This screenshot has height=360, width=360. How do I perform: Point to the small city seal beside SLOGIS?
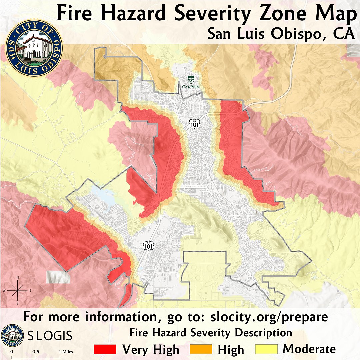(13, 335)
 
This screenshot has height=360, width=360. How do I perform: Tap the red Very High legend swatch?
(105, 349)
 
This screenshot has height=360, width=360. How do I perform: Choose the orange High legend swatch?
(201, 349)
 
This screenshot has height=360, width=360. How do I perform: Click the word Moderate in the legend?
(309, 349)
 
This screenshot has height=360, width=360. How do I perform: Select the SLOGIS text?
(50, 336)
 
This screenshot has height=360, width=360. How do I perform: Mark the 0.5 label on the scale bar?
(36, 352)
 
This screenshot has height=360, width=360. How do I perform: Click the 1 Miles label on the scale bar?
(66, 352)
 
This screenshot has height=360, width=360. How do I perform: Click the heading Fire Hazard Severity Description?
(211, 333)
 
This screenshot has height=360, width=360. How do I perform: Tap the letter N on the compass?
(17, 278)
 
